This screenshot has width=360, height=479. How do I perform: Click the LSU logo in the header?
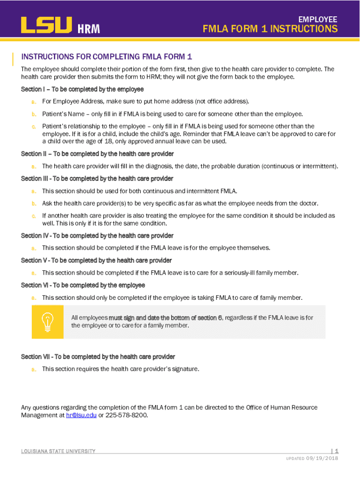click(46, 25)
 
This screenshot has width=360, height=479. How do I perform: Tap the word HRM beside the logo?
click(88, 29)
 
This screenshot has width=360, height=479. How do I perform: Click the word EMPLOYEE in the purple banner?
click(318, 19)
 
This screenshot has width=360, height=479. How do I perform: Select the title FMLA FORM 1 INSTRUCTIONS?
click(270, 29)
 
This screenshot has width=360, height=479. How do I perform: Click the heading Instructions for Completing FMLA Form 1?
click(107, 57)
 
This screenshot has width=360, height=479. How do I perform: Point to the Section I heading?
click(82, 89)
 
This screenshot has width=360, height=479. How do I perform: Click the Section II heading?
click(97, 154)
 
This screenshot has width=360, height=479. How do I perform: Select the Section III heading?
click(97, 179)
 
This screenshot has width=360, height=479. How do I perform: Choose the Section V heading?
click(96, 260)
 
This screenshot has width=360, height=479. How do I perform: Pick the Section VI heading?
click(83, 285)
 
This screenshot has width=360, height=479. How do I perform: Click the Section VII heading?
click(98, 356)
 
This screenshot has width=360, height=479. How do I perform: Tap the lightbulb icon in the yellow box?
click(47, 321)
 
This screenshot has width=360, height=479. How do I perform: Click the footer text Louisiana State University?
click(58, 451)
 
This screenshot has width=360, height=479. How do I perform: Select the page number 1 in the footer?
click(336, 451)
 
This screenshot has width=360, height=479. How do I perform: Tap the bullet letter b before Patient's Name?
click(34, 114)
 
